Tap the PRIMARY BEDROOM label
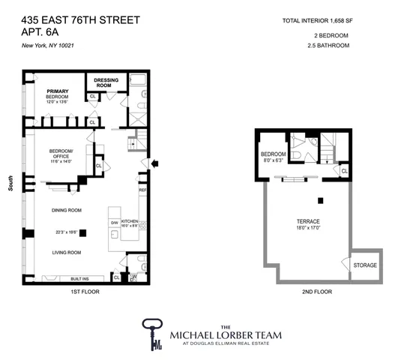click(x=56, y=94)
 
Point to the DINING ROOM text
click(x=67, y=210)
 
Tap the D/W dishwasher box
click(x=115, y=223)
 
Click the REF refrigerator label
click(x=143, y=190)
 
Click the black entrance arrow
click(x=155, y=161)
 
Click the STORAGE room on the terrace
click(x=364, y=265)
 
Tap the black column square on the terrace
click(x=319, y=199)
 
